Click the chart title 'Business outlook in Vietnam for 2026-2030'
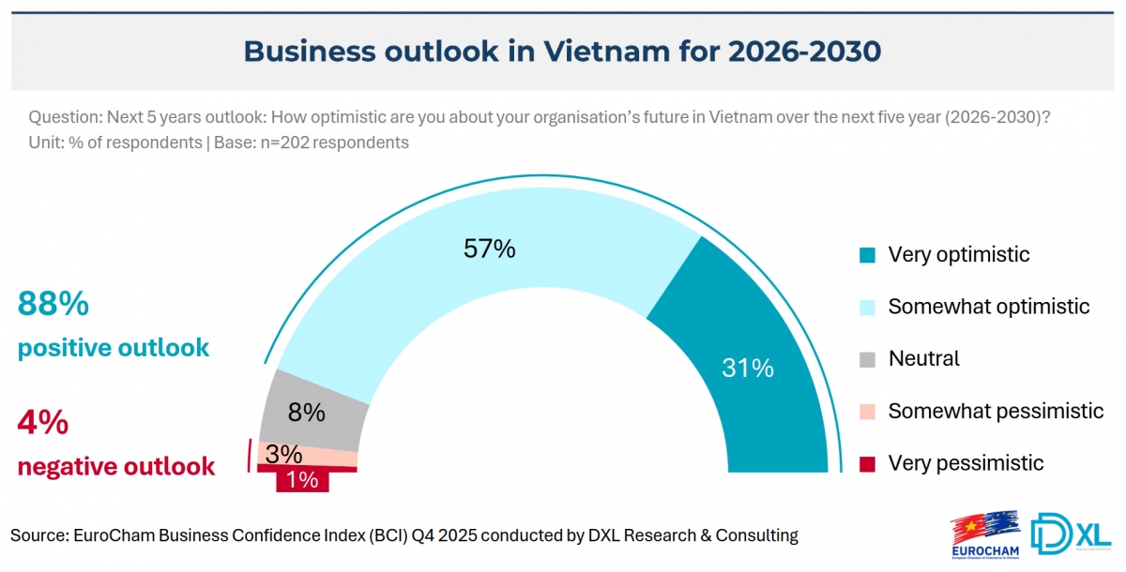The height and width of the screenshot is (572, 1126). click(x=562, y=51)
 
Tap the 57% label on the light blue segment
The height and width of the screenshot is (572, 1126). click(x=490, y=248)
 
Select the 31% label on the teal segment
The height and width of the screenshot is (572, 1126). click(x=748, y=369)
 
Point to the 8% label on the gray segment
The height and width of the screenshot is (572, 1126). click(x=307, y=413)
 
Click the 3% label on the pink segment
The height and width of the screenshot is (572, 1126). click(x=283, y=455)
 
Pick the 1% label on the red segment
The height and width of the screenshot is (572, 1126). click(x=302, y=481)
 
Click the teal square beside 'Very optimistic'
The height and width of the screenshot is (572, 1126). click(x=868, y=255)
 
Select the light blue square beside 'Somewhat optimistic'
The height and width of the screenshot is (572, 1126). click(x=868, y=307)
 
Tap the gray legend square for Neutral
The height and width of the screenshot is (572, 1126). click(x=868, y=359)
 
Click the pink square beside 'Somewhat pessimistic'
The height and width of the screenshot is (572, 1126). click(x=868, y=411)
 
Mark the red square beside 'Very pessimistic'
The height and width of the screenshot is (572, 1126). click(x=868, y=463)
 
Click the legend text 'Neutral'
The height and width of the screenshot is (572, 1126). click(x=923, y=359)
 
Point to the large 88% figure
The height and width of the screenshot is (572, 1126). click(x=53, y=304)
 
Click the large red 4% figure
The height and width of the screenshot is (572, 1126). click(x=43, y=423)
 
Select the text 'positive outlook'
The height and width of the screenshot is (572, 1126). click(x=114, y=348)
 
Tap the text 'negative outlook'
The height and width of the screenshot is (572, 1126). click(x=116, y=466)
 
